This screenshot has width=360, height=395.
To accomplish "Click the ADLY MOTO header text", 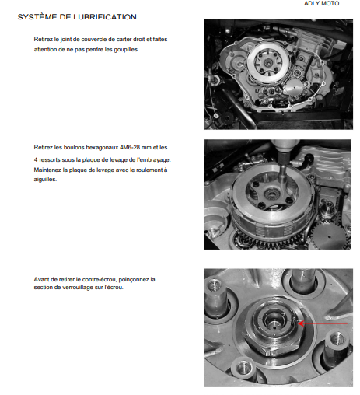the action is pos(321,3).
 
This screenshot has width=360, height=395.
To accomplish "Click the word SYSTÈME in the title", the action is pos(37,17).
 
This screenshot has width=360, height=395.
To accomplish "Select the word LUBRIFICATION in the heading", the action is pos(104,17).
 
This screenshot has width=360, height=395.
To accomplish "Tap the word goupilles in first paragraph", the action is pos(126,49).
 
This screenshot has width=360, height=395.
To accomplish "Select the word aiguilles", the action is pos(45,179).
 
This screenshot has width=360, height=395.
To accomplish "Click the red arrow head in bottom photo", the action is pos(301,323).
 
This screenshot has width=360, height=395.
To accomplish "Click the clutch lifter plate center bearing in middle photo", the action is pos(272,193).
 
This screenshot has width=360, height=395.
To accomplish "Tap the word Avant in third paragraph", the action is pos(41,279).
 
